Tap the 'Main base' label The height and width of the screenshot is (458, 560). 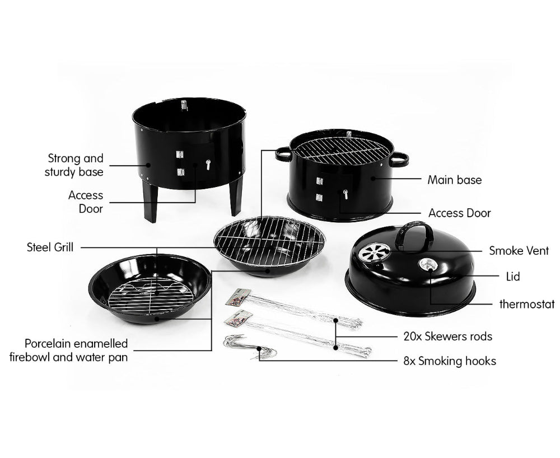(x=454, y=180)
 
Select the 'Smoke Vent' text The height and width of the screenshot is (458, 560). (x=519, y=250)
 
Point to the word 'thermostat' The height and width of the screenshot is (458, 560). (x=526, y=305)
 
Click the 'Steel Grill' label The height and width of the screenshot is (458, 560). (x=50, y=247)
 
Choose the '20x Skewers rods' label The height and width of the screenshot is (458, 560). (x=447, y=337)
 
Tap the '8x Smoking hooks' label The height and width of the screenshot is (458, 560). (x=450, y=361)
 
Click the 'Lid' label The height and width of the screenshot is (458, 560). (x=512, y=277)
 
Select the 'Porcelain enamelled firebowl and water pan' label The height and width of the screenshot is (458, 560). (x=68, y=350)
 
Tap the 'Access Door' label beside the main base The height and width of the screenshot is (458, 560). (x=459, y=213)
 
